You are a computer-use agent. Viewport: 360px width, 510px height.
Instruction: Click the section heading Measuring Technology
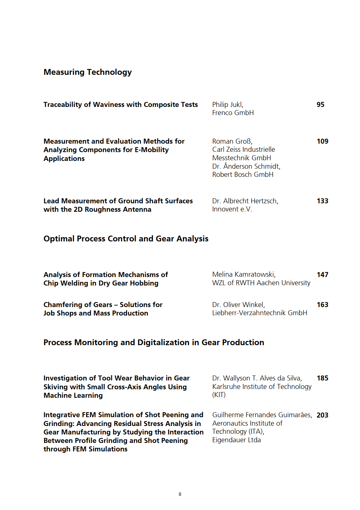(x=87, y=72)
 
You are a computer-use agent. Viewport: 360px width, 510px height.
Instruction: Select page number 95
(x=320, y=104)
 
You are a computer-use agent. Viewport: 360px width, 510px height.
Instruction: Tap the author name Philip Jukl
(x=227, y=104)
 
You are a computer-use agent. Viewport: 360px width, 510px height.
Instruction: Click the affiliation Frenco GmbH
(x=233, y=113)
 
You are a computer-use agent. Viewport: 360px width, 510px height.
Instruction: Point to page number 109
(x=322, y=141)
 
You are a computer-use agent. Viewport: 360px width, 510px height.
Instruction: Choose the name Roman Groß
(x=232, y=141)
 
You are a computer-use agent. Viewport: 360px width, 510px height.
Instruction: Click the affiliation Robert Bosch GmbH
(x=243, y=175)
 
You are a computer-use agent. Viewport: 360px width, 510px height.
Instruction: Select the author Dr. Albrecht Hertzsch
(x=245, y=201)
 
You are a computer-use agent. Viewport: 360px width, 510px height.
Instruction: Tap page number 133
(x=322, y=201)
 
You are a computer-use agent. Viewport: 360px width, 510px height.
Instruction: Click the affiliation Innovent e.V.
(x=232, y=209)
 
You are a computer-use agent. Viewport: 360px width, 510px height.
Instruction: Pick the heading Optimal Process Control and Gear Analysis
(x=126, y=239)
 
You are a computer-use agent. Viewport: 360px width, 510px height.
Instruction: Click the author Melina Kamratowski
(x=244, y=275)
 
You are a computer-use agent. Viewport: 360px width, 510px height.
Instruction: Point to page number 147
(x=322, y=275)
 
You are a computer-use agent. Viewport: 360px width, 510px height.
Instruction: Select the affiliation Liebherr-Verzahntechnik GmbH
(x=260, y=313)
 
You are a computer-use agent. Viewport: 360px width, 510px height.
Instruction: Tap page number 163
(x=322, y=305)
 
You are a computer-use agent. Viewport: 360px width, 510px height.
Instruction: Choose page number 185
(x=322, y=378)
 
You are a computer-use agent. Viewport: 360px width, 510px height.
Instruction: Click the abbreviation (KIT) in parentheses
(x=219, y=395)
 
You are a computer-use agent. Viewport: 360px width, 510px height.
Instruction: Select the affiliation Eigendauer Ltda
(x=236, y=440)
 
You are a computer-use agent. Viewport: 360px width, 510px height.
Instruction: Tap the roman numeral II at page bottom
(x=180, y=494)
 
